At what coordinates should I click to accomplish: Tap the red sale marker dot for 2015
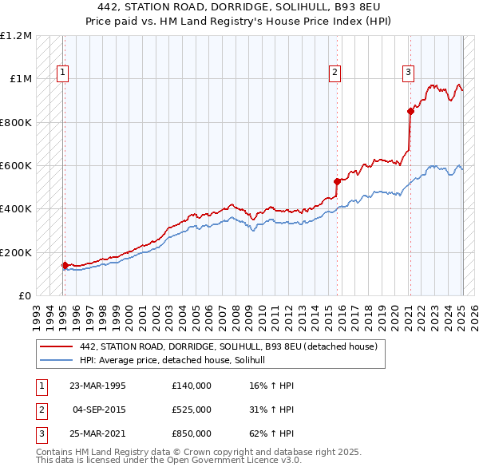pos(337,181)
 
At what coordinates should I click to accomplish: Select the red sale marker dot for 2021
pos(410,111)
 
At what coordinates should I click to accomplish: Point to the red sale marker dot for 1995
pos(65,265)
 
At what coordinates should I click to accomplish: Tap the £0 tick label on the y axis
pos(25,295)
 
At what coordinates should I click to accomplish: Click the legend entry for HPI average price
pos(177,361)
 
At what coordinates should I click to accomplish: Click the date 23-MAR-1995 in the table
pos(97,386)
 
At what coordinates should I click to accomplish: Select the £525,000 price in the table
pos(191,410)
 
